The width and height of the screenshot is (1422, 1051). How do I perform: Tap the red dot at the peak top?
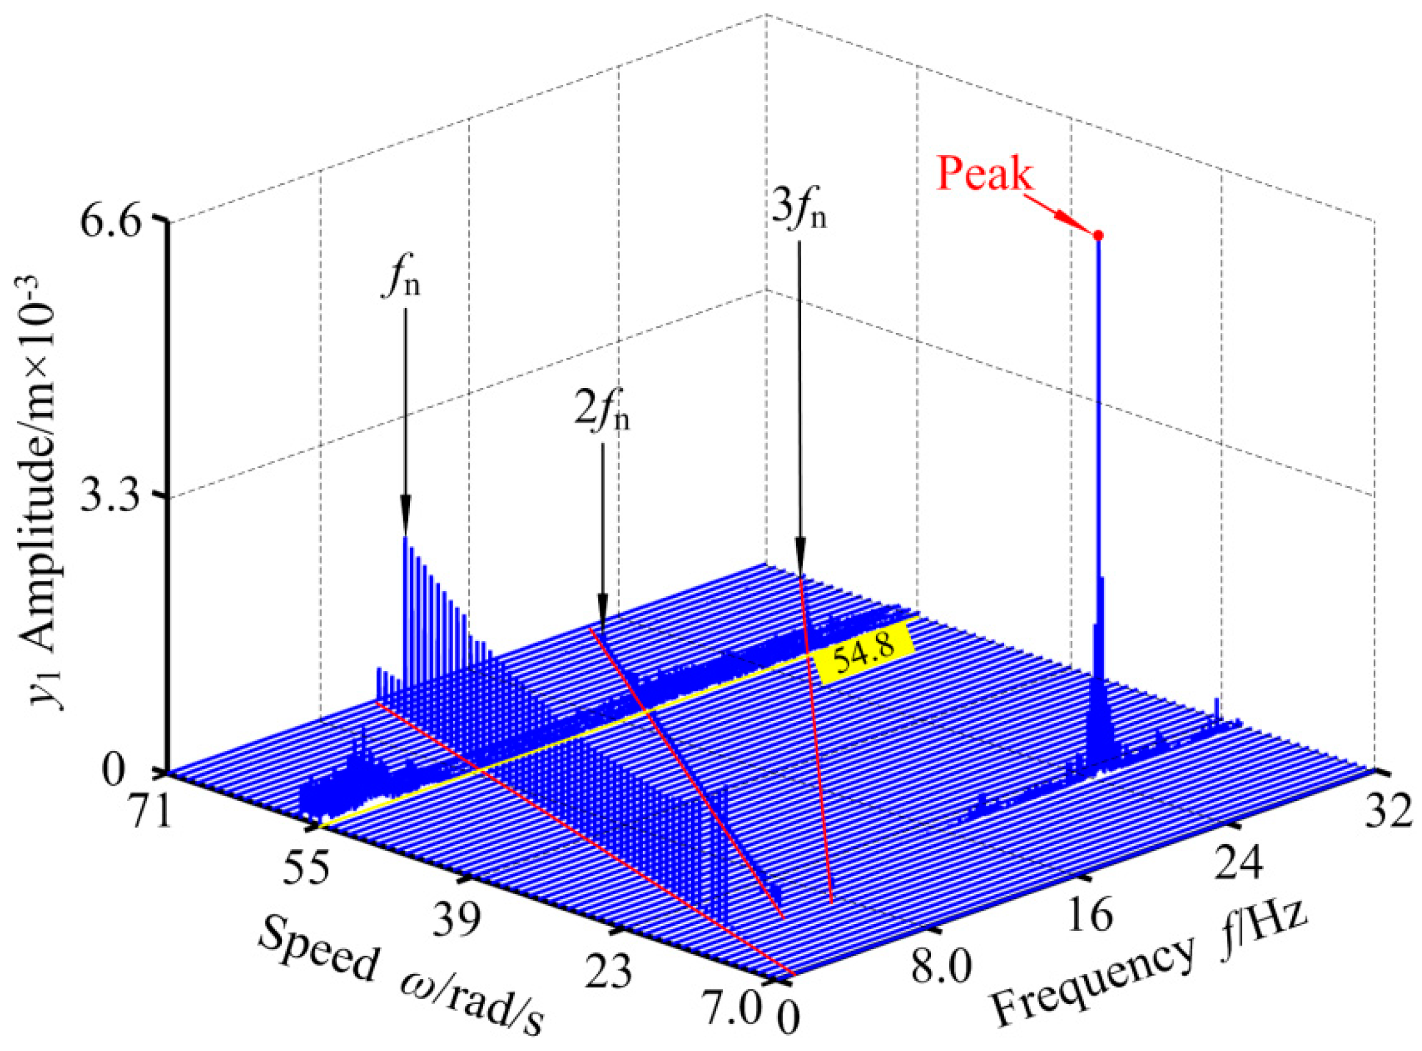point(1098,235)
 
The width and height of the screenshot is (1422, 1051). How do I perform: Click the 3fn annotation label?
point(800,212)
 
